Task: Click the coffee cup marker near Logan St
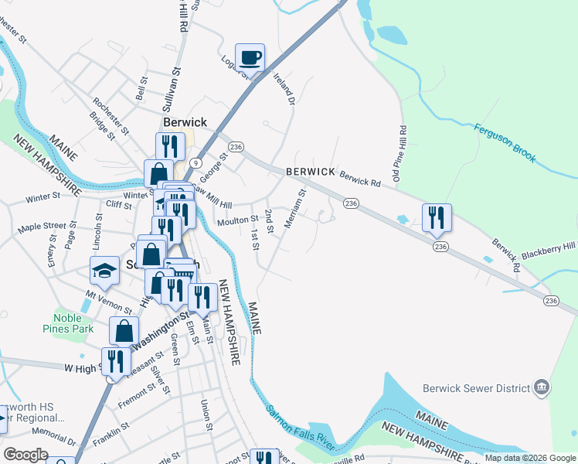[x=250, y=57]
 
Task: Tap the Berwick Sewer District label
[x=477, y=388]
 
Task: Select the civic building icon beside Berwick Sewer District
[x=541, y=387]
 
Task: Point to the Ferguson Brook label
[x=505, y=143]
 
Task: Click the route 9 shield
[x=196, y=162]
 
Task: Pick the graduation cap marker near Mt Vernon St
[x=105, y=271]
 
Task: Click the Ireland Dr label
[x=286, y=89]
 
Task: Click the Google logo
[x=25, y=455]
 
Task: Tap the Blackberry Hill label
[x=548, y=249]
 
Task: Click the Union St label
[x=206, y=415]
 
